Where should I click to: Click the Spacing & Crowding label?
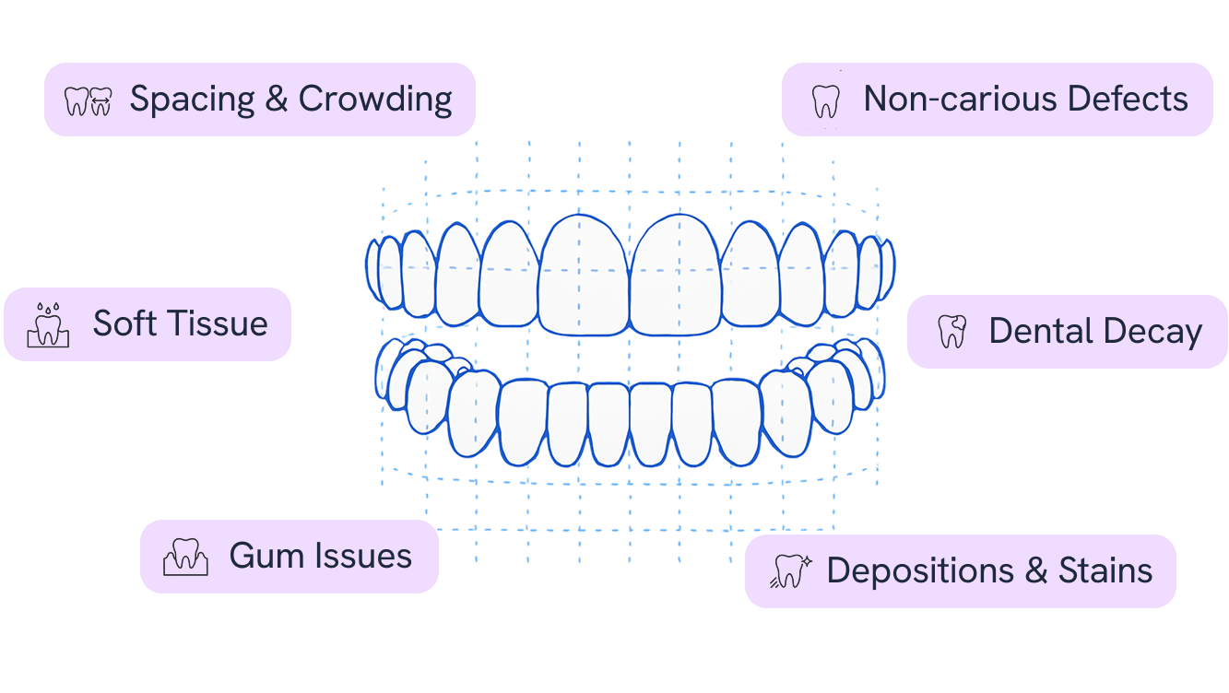(x=260, y=100)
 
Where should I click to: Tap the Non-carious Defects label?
(x=997, y=100)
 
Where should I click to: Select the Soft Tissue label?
(x=148, y=324)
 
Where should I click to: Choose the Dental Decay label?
(x=1067, y=332)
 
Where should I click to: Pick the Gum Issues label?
(x=289, y=557)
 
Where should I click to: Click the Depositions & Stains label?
(x=960, y=571)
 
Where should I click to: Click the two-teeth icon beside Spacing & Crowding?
(x=88, y=100)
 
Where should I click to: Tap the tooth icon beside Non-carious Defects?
(x=825, y=100)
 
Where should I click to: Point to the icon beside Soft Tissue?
(x=48, y=324)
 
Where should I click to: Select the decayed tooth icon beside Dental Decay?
(x=951, y=332)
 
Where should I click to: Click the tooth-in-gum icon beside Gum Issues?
(x=185, y=557)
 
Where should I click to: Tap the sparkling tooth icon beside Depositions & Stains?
(x=790, y=571)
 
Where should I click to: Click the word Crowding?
(x=375, y=100)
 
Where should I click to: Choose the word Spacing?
(x=192, y=100)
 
